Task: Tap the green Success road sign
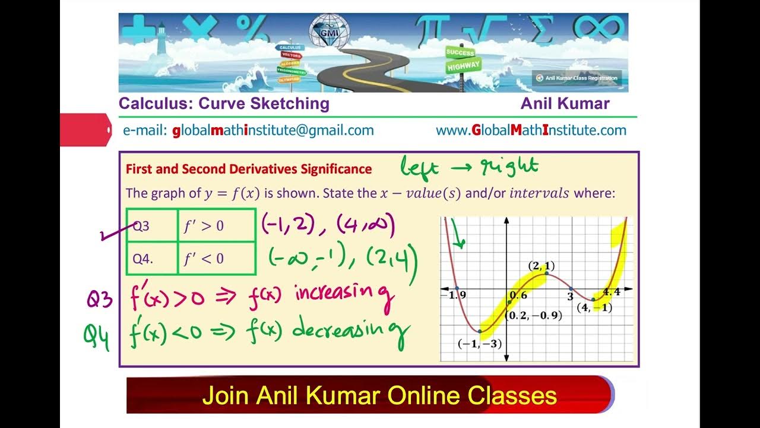click(460, 52)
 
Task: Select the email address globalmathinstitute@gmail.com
click(273, 130)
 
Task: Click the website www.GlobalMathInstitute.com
click(531, 130)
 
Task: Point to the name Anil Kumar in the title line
click(565, 103)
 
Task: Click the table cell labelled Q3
click(152, 225)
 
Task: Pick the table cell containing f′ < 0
click(217, 259)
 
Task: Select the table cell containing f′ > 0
click(217, 225)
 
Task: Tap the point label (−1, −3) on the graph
click(480, 343)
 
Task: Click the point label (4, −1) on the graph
click(594, 308)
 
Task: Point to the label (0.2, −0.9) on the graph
click(533, 315)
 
